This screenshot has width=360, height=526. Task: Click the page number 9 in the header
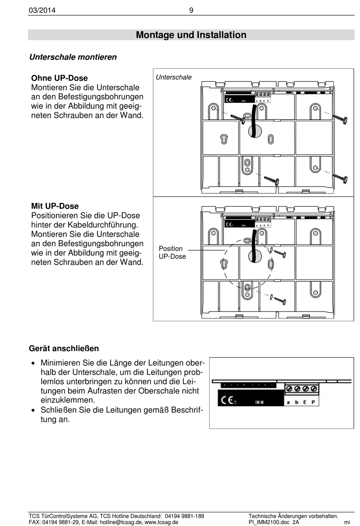click(x=191, y=10)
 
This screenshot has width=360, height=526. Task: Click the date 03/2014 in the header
click(x=42, y=10)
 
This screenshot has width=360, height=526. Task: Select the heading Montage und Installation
click(x=191, y=35)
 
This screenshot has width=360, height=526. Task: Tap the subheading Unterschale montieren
click(x=73, y=57)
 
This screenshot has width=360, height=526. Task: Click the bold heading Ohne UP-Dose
click(x=59, y=78)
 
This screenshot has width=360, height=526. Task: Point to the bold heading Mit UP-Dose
click(x=55, y=206)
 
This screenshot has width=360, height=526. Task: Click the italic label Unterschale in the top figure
click(x=174, y=77)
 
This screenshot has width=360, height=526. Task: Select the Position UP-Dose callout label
click(x=172, y=253)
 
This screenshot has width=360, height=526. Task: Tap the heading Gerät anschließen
click(x=64, y=349)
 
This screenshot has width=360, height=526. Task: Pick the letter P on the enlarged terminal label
click(x=313, y=402)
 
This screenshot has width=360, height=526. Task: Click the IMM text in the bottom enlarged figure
click(x=259, y=402)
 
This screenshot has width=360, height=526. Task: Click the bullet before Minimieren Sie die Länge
click(x=34, y=363)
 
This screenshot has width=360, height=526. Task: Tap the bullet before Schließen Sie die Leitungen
click(x=34, y=410)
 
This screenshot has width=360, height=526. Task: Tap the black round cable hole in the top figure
click(x=255, y=131)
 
